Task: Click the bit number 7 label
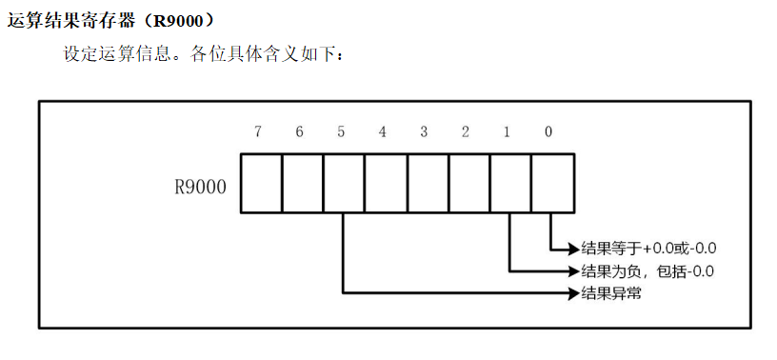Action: pos(258,132)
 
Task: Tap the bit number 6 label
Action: pos(299,132)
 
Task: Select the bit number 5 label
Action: pos(341,132)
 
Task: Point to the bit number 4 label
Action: pos(382,132)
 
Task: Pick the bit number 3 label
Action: pos(424,132)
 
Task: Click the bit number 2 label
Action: pos(465,132)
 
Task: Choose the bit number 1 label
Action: pos(507,132)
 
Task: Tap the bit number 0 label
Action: pos(548,132)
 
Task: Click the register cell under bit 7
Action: pos(261,183)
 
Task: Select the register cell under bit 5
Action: pos(344,183)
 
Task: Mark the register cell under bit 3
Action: pos(428,183)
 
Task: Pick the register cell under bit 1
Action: pos(511,183)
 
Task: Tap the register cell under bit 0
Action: pos(553,183)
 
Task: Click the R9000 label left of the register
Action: pos(201,188)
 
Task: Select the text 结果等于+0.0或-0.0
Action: pos(649,248)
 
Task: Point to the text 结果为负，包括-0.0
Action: pos(647,271)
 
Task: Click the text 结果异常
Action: pos(611,293)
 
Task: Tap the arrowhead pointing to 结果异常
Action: pos(574,293)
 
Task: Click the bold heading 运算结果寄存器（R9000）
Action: pos(112,21)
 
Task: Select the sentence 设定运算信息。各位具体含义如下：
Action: pos(203,53)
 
